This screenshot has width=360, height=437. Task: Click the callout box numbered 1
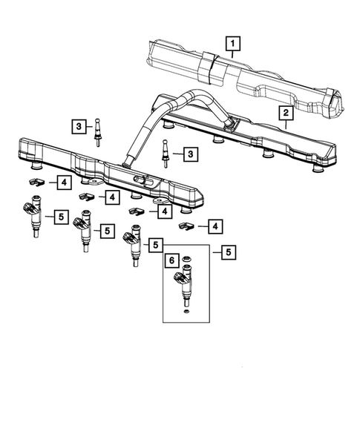pos(234,45)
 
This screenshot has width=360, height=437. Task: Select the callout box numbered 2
pos(284,113)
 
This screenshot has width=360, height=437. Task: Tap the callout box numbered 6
pos(171,261)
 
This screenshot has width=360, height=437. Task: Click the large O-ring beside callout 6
pos(187,260)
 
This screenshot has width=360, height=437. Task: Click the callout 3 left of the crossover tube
pos(79,127)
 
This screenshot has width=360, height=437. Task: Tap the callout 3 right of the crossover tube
pos(192,154)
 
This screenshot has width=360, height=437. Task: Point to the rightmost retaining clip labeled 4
pos(186,225)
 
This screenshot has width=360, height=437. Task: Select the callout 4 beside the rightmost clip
pos(215,225)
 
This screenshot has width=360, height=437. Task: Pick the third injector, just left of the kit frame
pos(134,246)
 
